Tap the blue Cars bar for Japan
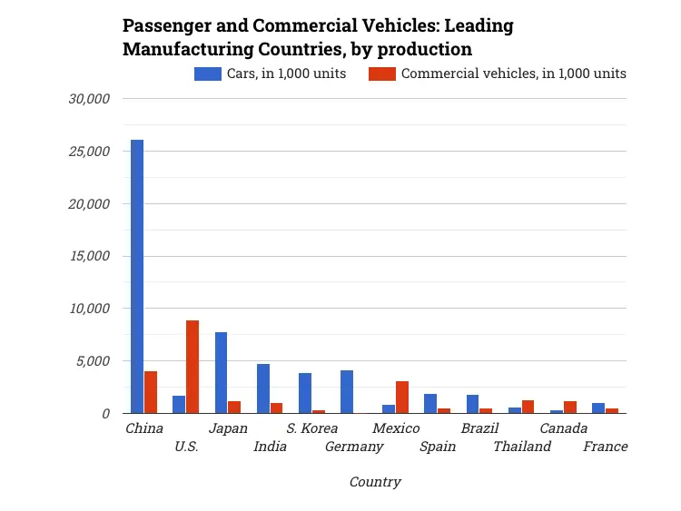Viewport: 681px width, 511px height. click(x=221, y=373)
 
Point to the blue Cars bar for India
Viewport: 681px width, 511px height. click(x=263, y=388)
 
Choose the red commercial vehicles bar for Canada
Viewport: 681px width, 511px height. click(x=570, y=408)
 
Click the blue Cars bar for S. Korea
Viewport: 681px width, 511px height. click(x=305, y=393)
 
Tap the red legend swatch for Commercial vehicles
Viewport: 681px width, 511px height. click(x=382, y=74)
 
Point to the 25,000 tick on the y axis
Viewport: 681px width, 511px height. click(x=90, y=152)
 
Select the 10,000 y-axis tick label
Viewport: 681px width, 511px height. click(x=90, y=309)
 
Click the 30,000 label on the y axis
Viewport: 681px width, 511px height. click(x=90, y=99)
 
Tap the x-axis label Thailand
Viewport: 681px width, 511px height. click(x=522, y=447)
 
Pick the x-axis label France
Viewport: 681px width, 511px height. click(x=606, y=447)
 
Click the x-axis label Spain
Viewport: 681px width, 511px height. click(x=438, y=447)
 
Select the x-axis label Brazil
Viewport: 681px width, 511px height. click(x=480, y=428)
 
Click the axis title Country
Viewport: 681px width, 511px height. click(x=375, y=482)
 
